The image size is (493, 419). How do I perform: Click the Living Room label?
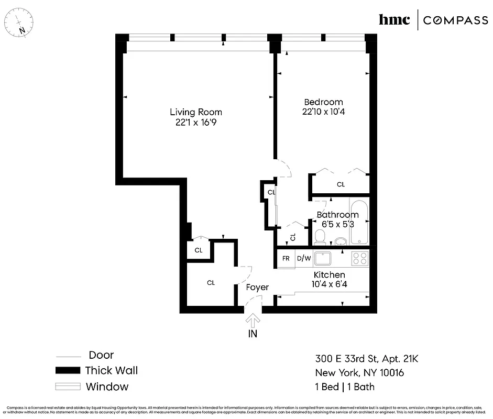pos(195,112)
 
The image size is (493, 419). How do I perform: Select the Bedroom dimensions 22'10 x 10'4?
pos(323,112)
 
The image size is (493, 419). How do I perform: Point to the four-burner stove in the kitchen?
pos(359,258)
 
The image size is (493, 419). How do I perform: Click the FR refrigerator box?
pos(286,259)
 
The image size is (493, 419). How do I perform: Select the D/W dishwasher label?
pos(303,259)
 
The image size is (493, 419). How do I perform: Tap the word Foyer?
pos(257,287)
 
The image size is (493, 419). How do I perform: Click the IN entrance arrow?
pos(253,321)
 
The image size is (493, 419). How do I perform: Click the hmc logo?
pos(394,20)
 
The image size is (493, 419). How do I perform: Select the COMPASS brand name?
pos(455,20)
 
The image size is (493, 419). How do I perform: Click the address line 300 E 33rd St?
pos(367,359)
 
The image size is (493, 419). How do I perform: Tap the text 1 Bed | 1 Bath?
pos(345,387)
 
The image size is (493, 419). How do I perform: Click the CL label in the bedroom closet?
pos(341,184)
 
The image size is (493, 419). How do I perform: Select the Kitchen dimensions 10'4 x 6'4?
pos(329,285)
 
